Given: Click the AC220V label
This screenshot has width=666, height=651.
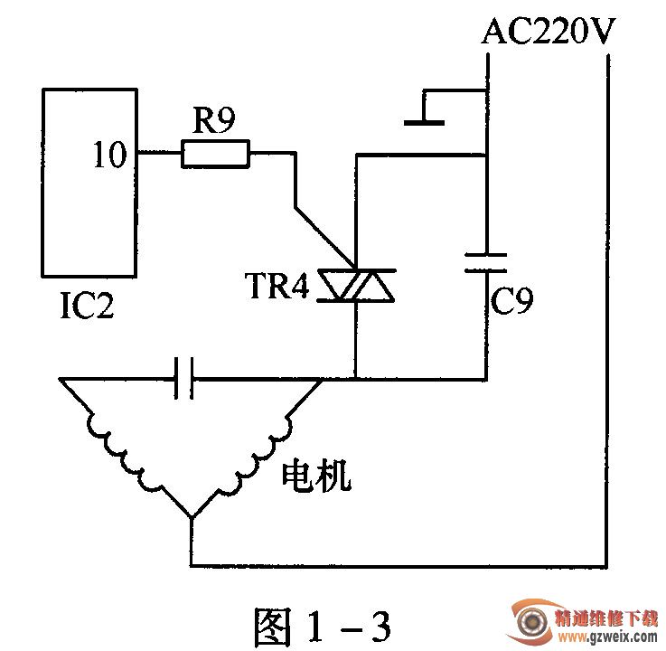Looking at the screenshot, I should coord(549,33).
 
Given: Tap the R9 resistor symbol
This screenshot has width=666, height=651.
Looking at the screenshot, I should coord(215,154).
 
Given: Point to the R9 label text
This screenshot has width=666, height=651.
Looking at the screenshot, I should coord(213,120).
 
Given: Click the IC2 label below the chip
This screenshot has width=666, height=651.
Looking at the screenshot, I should coord(87,307).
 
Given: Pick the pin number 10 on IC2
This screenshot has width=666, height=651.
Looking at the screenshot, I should coord(110,156).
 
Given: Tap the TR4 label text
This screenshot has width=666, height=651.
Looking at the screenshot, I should coord(277,287).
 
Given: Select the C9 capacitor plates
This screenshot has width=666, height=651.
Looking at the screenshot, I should coord(486,262).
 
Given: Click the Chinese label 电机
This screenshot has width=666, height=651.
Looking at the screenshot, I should coord(317,476).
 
